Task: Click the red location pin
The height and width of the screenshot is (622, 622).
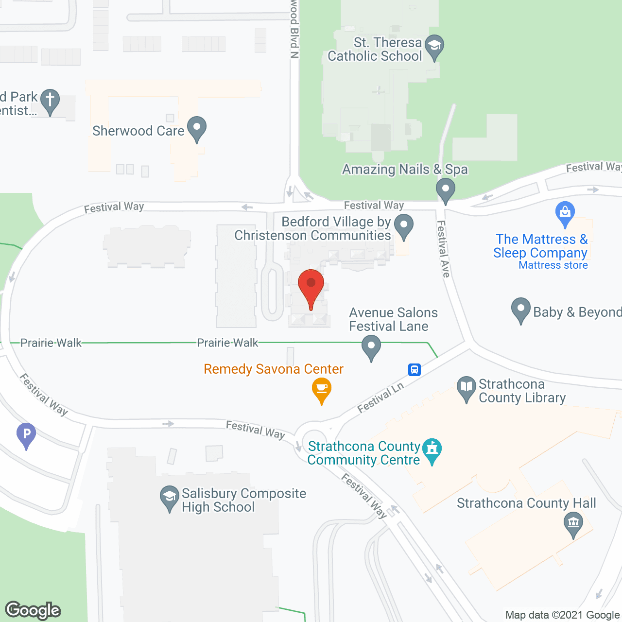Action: point(311,287)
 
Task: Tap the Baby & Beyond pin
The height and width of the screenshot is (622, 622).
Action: point(520,309)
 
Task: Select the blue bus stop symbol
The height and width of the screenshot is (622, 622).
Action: point(414,370)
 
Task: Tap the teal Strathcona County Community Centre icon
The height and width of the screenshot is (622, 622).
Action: point(432,449)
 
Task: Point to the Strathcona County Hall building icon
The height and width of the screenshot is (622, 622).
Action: point(573,524)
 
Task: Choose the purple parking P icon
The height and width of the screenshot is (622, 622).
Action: point(26,433)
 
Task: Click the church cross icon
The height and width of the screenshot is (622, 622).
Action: point(50,100)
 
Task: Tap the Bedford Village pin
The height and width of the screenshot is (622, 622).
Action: point(403,225)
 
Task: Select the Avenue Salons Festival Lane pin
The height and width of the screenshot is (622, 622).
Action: point(371,347)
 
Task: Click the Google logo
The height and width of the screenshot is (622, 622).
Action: point(33,610)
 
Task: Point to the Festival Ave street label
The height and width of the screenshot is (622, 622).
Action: point(443,249)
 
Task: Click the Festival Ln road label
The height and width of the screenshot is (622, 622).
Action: point(380,398)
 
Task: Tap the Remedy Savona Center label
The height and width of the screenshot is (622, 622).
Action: point(274,369)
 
